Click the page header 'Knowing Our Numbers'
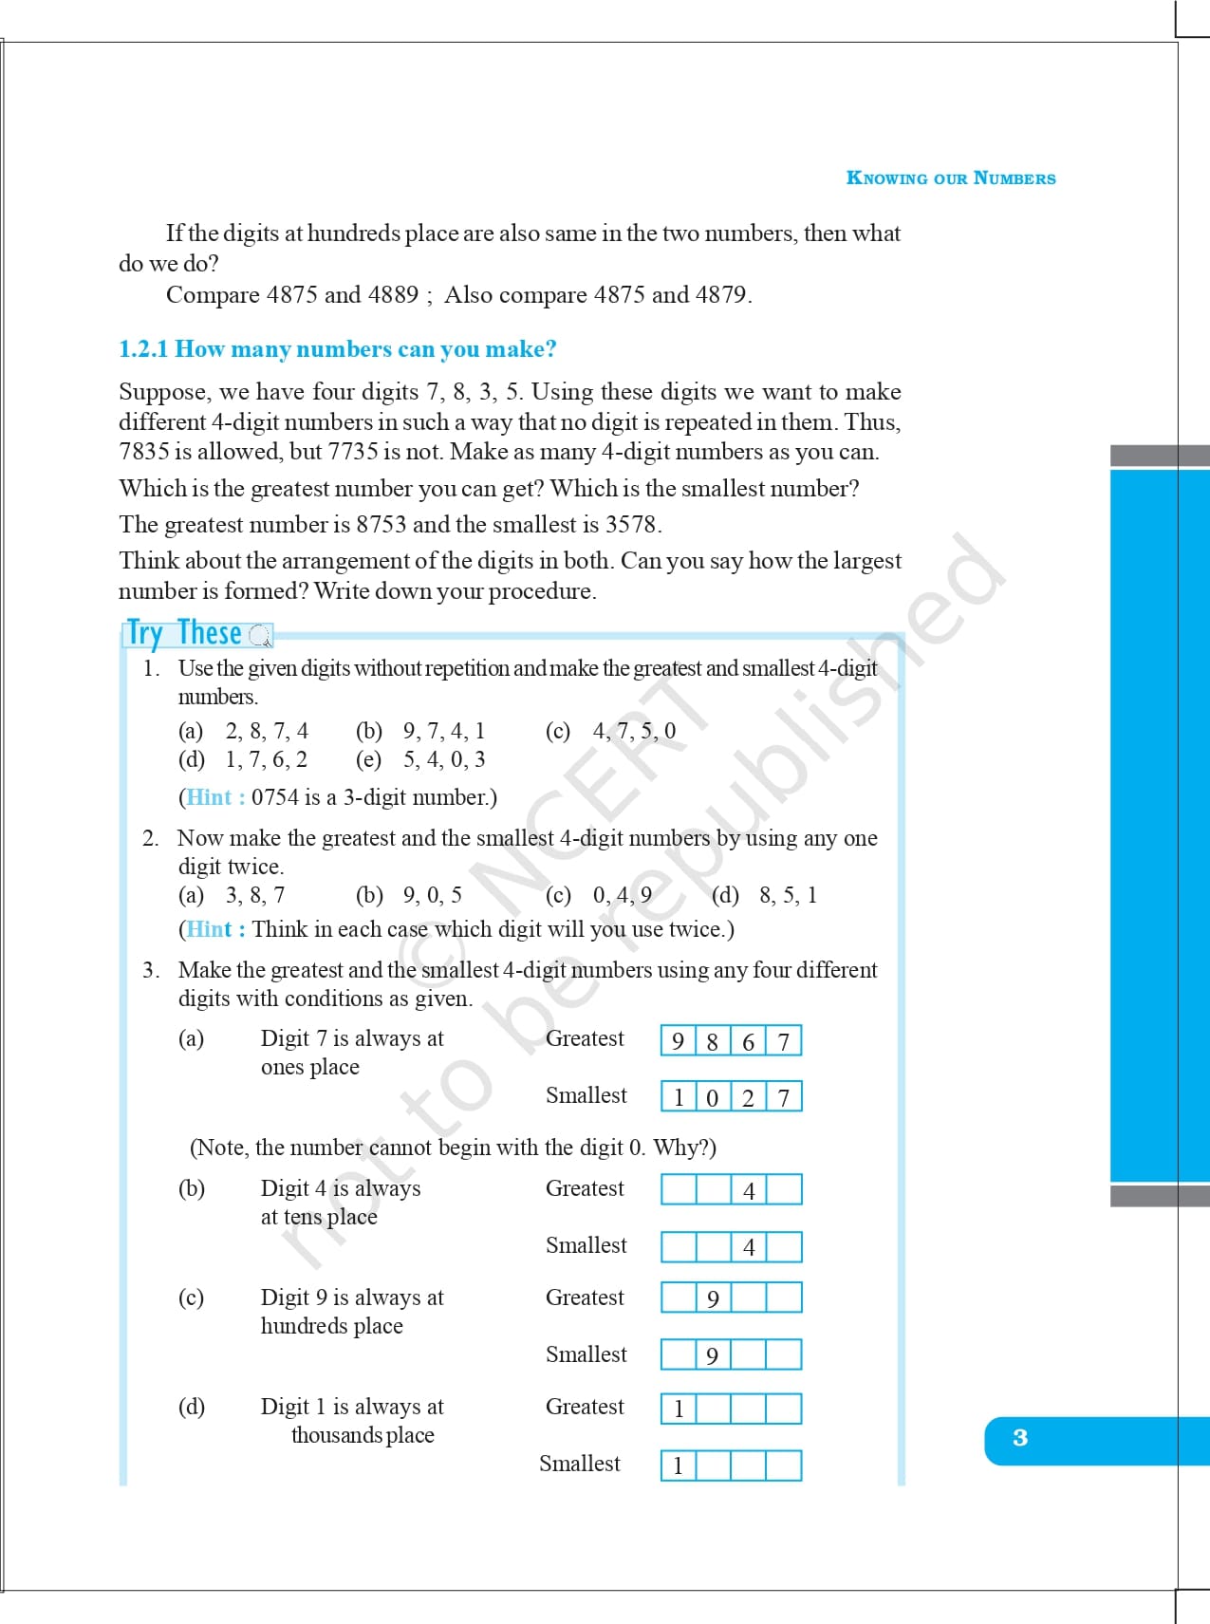point(950,178)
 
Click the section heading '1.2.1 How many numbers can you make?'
point(337,349)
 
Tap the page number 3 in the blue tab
point(1020,1438)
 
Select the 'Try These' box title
point(185,633)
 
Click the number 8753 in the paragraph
point(382,525)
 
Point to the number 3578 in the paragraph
point(631,525)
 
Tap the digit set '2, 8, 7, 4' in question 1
point(267,731)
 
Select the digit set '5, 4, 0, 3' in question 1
point(444,759)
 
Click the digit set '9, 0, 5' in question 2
point(433,895)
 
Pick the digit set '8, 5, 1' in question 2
point(788,895)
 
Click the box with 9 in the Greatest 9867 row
point(678,1041)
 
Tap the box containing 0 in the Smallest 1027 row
point(713,1097)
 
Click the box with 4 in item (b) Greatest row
point(749,1190)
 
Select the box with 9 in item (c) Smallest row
point(713,1355)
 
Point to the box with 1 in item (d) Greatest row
point(679,1409)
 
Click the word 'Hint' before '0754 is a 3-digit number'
point(209,797)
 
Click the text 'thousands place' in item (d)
point(363,1435)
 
